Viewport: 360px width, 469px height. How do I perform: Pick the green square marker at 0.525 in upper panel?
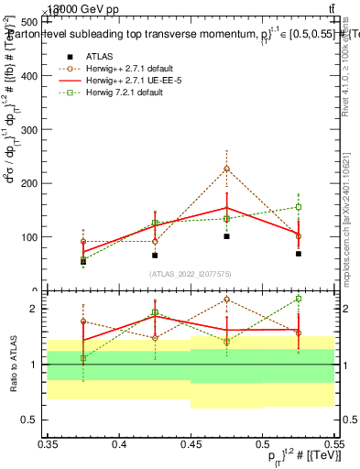coord(298,207)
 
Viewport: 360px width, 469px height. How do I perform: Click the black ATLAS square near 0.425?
coord(155,256)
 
